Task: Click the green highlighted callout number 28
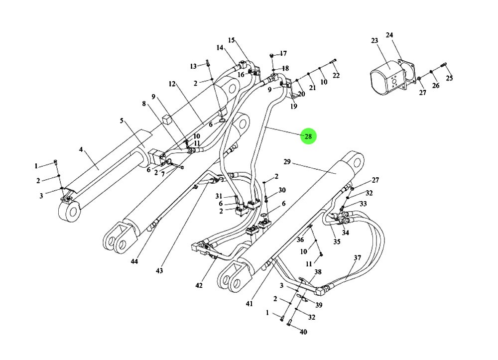(308, 136)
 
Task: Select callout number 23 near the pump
(375, 41)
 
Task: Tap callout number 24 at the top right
(389, 35)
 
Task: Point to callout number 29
(287, 162)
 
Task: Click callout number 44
(134, 261)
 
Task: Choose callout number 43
(159, 270)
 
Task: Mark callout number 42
(199, 285)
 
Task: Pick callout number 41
(249, 304)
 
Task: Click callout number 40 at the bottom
(303, 332)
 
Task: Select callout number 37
(357, 257)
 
